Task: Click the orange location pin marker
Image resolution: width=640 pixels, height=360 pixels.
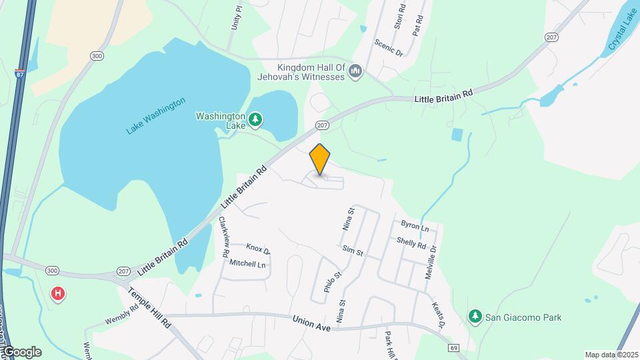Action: click(320, 159)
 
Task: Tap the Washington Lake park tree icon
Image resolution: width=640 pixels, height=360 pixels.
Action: click(255, 120)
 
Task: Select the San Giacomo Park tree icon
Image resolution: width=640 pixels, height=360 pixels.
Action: click(475, 317)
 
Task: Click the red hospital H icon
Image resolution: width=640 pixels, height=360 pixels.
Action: click(59, 293)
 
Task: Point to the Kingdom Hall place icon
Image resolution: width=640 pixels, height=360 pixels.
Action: click(355, 71)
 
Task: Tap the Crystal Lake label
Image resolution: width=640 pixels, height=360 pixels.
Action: click(623, 30)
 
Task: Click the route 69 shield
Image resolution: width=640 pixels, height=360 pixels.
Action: click(454, 347)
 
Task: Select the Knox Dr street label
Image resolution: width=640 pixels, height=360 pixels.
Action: click(258, 250)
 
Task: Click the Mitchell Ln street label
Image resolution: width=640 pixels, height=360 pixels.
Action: click(247, 264)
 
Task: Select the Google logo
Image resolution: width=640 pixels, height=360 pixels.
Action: click(22, 351)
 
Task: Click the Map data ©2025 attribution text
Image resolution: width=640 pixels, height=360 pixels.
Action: click(611, 355)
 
